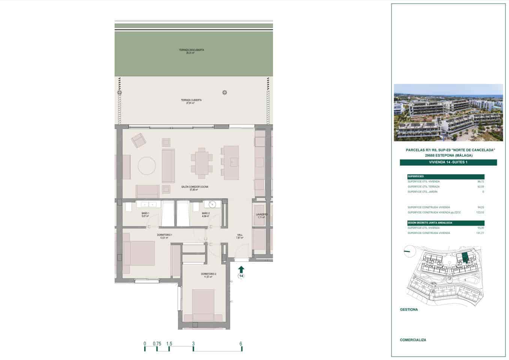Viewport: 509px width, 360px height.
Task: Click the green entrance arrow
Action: pos(241,269)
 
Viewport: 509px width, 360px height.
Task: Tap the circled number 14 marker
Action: pos(241,276)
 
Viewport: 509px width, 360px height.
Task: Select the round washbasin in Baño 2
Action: pos(212,204)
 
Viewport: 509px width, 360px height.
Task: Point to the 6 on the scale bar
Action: pos(241,343)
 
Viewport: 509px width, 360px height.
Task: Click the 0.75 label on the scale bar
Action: pos(157,343)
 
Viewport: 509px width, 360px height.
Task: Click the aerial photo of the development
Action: pos(448,112)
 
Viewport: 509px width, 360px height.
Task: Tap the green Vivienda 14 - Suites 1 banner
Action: pos(448,162)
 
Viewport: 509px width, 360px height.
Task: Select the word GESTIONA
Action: pos(409,309)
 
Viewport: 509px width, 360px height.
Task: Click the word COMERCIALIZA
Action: pos(413,340)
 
